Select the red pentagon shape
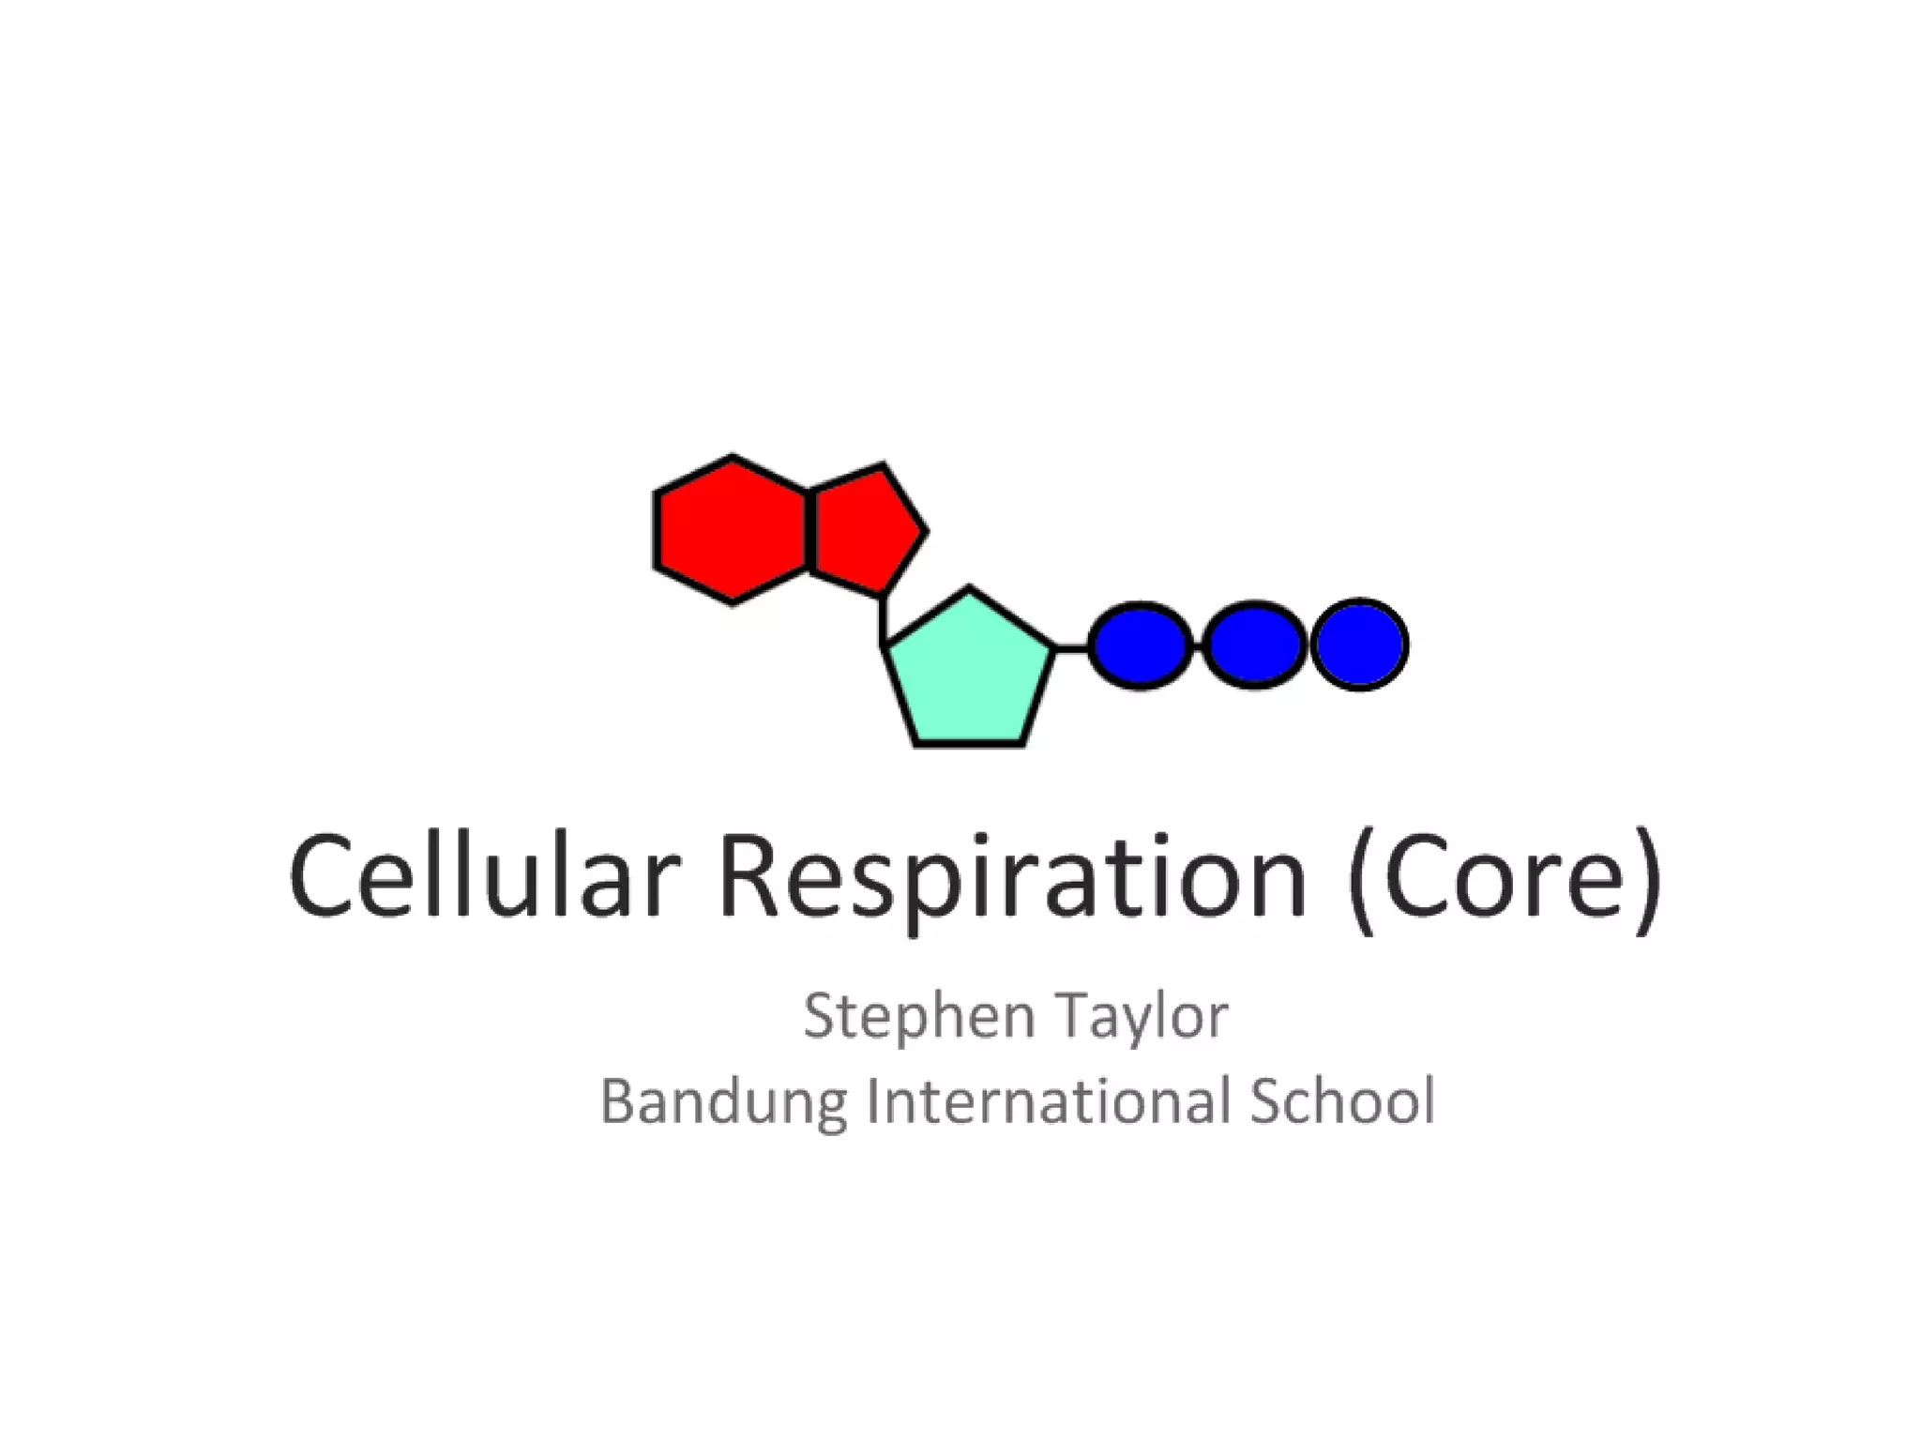pyautogui.click(x=863, y=529)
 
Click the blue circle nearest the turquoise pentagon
pyautogui.click(x=1141, y=645)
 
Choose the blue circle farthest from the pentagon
pyautogui.click(x=1359, y=645)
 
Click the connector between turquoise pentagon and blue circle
pyautogui.click(x=1072, y=646)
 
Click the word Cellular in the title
pyautogui.click(x=484, y=877)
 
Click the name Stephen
pyautogui.click(x=918, y=1016)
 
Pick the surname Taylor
pyautogui.click(x=1142, y=1016)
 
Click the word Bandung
pyautogui.click(x=722, y=1101)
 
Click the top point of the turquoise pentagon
pyautogui.click(x=970, y=591)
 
